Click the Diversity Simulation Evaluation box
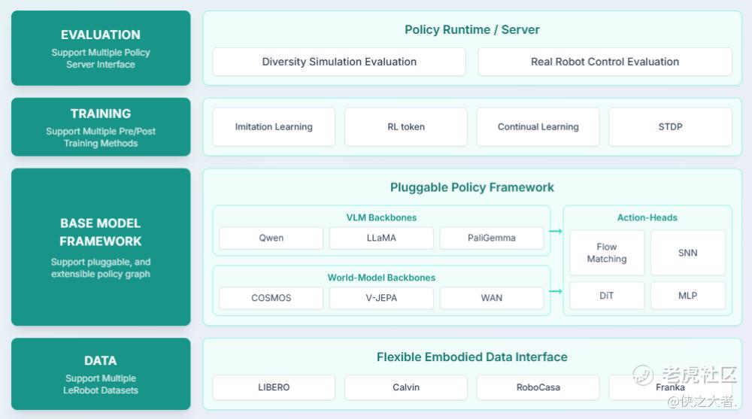point(339,62)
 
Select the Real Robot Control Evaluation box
point(605,62)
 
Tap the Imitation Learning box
point(274,126)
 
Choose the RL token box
point(406,126)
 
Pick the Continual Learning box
point(538,126)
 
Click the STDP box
point(670,126)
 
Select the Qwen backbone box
point(271,238)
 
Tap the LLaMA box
point(381,238)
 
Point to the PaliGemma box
point(492,238)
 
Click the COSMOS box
point(271,298)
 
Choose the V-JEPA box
point(381,298)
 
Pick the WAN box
point(492,298)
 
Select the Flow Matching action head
point(607,253)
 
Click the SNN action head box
point(688,253)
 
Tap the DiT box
point(607,296)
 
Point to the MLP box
point(688,296)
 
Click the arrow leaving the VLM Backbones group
point(556,232)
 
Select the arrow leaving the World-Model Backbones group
point(556,291)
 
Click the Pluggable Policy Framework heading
point(472,187)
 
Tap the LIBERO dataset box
point(274,387)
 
